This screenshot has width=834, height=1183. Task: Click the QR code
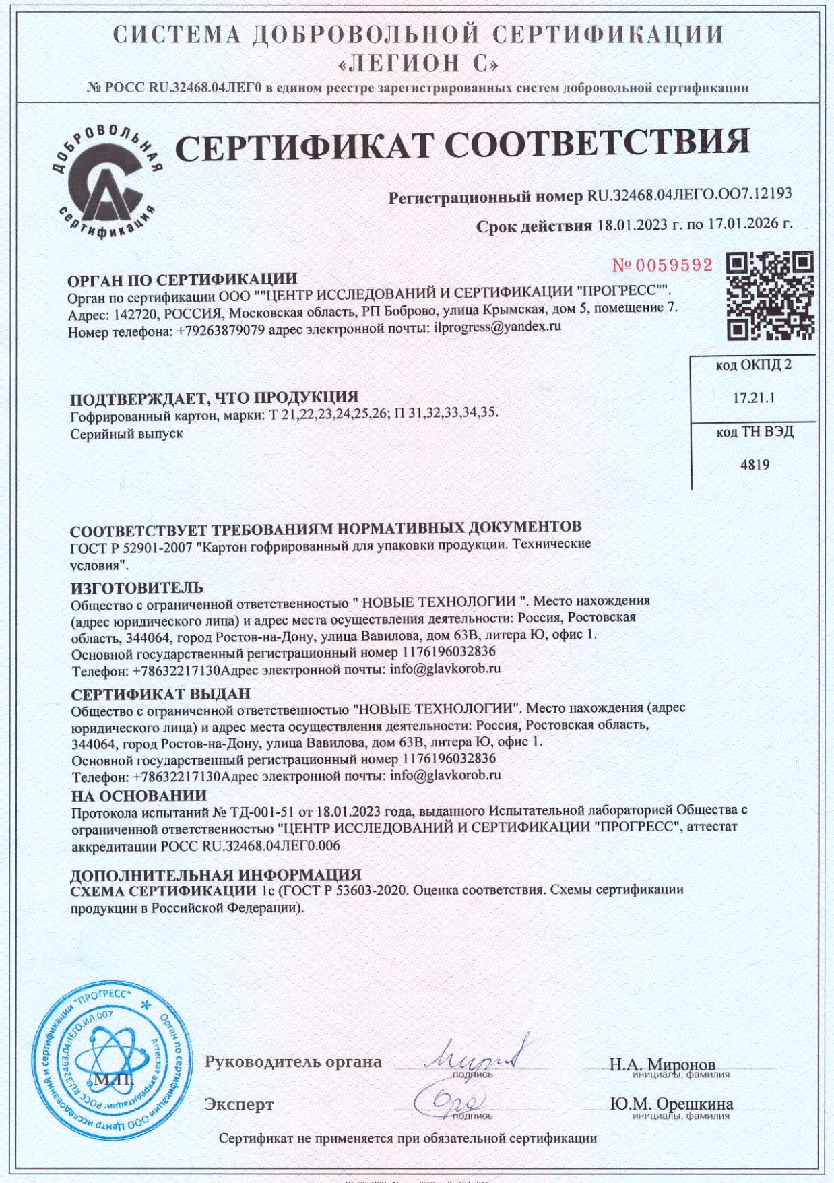click(x=770, y=295)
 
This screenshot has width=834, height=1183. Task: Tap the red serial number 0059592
click(x=662, y=265)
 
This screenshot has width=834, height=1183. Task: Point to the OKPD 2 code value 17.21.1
click(x=754, y=398)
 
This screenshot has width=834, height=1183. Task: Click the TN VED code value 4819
click(x=755, y=465)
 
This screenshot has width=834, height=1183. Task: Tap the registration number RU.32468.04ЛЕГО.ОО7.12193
click(x=689, y=195)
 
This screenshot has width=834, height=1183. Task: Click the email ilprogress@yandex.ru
click(x=497, y=327)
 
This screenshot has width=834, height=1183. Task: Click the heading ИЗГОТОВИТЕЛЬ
click(x=137, y=587)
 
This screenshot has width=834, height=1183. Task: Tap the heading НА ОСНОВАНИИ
click(x=139, y=796)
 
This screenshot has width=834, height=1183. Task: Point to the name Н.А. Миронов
click(x=662, y=1064)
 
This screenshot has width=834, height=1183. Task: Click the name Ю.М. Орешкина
click(x=671, y=1104)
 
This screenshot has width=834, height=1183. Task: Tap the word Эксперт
click(x=238, y=1104)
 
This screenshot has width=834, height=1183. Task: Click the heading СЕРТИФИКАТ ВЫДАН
click(x=160, y=693)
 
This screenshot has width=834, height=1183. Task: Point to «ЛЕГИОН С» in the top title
click(x=418, y=63)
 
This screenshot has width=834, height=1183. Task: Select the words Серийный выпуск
click(x=127, y=433)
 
